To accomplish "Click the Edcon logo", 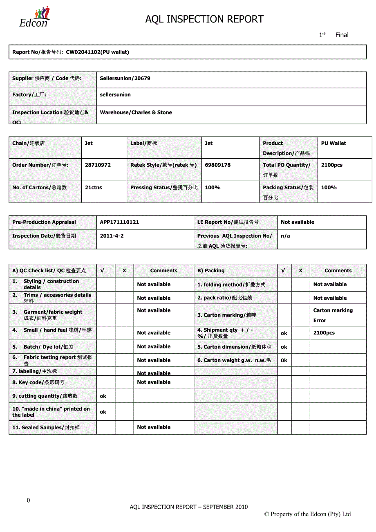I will tap(34, 17).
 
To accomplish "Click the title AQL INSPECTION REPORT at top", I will tap(204, 19).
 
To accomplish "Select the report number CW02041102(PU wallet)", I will tap(97, 52).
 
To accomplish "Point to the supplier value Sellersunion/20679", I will tap(125, 79).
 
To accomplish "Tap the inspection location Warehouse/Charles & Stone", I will tap(136, 112).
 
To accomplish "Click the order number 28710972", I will tap(98, 165).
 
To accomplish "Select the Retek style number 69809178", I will tap(217, 165).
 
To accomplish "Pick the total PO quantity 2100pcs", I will tap(332, 165).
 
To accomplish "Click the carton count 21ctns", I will tap(94, 188).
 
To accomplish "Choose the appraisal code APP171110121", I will tap(119, 222).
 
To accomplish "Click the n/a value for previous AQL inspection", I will tap(285, 236).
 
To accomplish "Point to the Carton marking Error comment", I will tap(333, 315).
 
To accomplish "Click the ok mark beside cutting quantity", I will tap(103, 396).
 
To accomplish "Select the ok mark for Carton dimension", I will tap(284, 347).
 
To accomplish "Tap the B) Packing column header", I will tap(211, 271).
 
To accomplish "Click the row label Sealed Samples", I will tap(46, 428).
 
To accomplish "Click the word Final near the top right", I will tap(342, 35).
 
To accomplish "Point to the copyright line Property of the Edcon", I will tap(307, 514).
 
